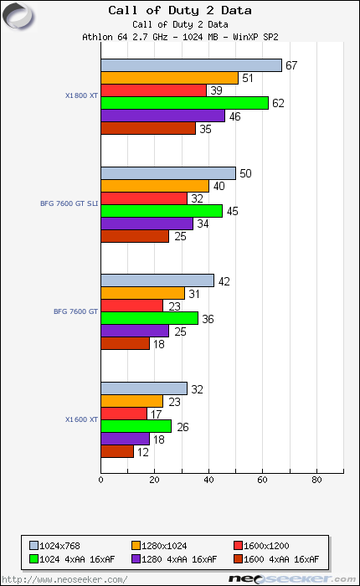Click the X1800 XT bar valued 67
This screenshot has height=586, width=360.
coord(191,65)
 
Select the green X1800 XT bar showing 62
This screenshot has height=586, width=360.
coord(184,103)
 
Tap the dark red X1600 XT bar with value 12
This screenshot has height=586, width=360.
coord(117,451)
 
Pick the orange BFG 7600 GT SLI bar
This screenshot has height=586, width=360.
coord(155,186)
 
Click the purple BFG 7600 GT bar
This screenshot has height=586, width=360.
coord(135,331)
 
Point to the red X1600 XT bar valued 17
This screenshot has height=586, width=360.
coord(124,414)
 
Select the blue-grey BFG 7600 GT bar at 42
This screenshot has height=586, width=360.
coord(157,280)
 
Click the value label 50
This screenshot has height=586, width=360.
coord(246,173)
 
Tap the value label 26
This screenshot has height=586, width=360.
coord(183,427)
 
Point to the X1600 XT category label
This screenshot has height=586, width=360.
coord(81,419)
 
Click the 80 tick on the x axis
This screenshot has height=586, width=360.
coord(316,481)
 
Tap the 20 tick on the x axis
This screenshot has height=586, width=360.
coord(155,481)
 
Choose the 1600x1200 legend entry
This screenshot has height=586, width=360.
coord(266,545)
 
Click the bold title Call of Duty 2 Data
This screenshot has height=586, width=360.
coord(180,11)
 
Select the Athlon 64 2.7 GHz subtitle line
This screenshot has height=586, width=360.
coord(180,37)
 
